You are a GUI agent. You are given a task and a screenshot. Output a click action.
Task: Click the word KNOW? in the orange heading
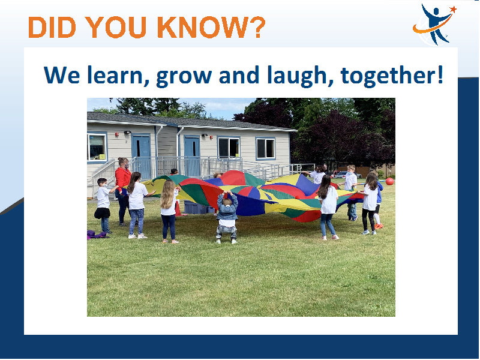[211, 27]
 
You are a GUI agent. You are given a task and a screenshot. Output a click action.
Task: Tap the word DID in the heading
[52, 27]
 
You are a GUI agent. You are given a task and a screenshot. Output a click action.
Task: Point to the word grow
[184, 77]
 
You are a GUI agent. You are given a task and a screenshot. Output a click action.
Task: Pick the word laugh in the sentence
[300, 76]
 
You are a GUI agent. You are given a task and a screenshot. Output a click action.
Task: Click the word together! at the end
[392, 76]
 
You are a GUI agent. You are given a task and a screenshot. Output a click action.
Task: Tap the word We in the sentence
[62, 75]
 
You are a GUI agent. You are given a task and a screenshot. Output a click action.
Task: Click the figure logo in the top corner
[434, 25]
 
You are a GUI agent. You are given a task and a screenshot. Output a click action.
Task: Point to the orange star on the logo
[453, 9]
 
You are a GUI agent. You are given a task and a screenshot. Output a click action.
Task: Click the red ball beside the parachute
[389, 181]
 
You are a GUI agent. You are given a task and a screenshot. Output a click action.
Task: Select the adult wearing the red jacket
[123, 191]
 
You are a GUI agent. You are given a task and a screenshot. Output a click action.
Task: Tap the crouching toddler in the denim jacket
[227, 217]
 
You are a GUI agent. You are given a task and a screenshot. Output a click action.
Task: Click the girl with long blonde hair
[169, 211]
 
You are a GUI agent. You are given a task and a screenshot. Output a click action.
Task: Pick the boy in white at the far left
[103, 206]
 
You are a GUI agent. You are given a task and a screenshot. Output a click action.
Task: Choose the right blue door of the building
[192, 156]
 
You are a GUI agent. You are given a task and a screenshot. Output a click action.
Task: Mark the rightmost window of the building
[265, 148]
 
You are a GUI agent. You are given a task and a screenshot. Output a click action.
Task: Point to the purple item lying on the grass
[97, 235]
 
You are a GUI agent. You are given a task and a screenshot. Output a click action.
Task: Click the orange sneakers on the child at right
[379, 226]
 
